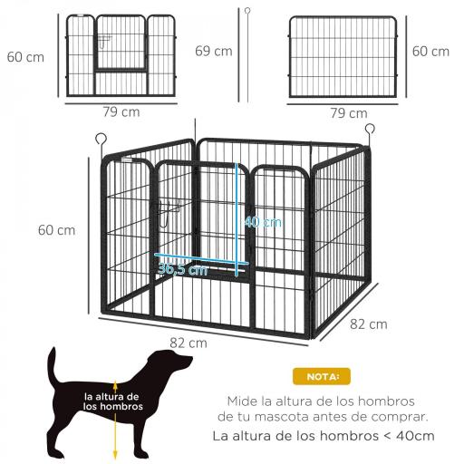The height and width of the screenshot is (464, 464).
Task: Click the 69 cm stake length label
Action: coord(214,51)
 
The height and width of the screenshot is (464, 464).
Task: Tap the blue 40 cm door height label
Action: coord(264,221)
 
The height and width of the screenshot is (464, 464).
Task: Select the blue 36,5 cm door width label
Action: coord(182,269)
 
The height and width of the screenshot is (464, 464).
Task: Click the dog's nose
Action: coord(191,362)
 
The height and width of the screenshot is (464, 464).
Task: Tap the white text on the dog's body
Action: coord(111,401)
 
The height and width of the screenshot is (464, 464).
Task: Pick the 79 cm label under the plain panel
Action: coord(348,113)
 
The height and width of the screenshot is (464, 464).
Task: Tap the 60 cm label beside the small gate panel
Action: coord(25,57)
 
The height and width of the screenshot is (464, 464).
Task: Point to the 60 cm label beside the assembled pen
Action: coord(56,230)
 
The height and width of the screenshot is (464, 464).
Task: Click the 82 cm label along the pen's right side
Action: coord(369,324)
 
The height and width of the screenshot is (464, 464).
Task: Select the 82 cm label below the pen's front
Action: coord(188,343)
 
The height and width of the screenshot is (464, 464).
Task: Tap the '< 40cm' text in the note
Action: coord(408,435)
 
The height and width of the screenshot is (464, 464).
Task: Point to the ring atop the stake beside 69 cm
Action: coord(245,11)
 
